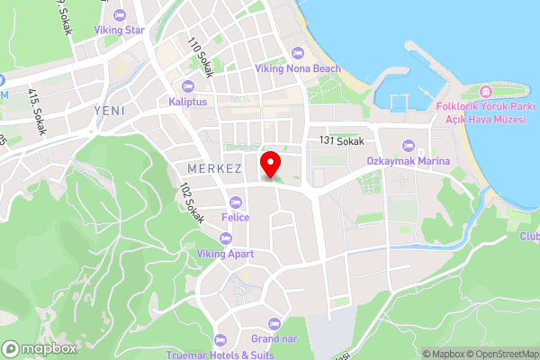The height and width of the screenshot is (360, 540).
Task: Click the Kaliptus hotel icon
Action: (x=187, y=86)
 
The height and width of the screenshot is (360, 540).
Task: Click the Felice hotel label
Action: (x=236, y=217)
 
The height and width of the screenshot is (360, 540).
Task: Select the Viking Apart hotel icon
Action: (x=225, y=238)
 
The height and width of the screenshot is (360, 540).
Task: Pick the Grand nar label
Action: (x=274, y=338)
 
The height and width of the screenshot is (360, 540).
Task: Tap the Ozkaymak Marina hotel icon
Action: (x=408, y=146)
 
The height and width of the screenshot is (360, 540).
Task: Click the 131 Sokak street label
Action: (x=341, y=141)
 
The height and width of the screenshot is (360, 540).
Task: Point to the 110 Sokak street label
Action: (x=200, y=57)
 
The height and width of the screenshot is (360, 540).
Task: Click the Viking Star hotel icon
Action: (x=121, y=14)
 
